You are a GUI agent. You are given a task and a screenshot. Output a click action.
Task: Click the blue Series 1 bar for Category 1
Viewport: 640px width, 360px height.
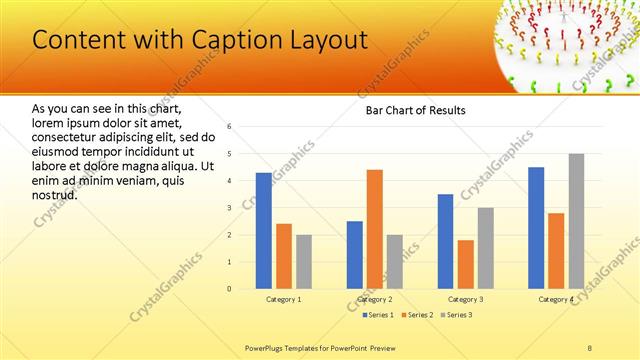pyautogui.click(x=263, y=231)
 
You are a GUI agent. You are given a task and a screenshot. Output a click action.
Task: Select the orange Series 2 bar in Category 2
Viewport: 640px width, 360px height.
pyautogui.click(x=375, y=229)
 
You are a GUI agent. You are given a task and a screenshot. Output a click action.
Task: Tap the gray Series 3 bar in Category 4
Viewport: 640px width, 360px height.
pyautogui.click(x=576, y=221)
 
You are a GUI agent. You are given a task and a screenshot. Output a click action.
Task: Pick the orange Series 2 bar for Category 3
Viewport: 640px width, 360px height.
pyautogui.click(x=466, y=264)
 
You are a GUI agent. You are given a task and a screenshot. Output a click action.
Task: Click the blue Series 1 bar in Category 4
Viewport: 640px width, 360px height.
pyautogui.click(x=536, y=228)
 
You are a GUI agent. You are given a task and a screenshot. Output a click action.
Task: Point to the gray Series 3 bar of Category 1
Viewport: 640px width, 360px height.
pyautogui.click(x=303, y=262)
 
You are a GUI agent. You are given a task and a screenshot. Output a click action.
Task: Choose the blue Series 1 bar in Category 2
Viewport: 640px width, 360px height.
pyautogui.click(x=355, y=255)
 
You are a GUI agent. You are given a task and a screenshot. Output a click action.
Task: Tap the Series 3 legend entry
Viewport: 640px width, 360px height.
pyautogui.click(x=457, y=315)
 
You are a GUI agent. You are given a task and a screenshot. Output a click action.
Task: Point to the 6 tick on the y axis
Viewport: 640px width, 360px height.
pyautogui.click(x=229, y=127)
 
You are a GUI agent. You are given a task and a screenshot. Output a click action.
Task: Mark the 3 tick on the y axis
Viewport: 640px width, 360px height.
pyautogui.click(x=229, y=208)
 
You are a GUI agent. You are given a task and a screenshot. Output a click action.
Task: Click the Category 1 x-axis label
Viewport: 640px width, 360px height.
pyautogui.click(x=283, y=299)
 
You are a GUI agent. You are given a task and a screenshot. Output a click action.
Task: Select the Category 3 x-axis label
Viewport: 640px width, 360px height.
pyautogui.click(x=465, y=299)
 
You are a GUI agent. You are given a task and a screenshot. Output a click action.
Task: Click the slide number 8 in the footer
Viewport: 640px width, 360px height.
pyautogui.click(x=590, y=347)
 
